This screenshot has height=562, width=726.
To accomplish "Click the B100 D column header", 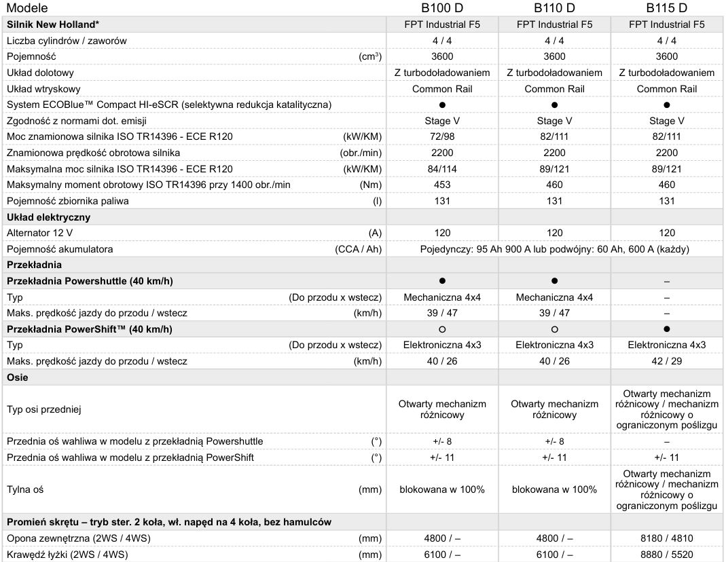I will (442, 8).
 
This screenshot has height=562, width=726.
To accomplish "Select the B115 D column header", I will (666, 8).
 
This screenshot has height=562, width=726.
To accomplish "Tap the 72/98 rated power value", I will (442, 137).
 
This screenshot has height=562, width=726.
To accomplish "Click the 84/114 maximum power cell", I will (442, 169).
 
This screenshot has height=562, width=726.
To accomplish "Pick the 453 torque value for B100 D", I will (442, 185).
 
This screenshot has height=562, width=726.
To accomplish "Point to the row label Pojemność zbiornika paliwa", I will (68, 201).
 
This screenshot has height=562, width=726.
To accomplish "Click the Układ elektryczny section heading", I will (48, 217).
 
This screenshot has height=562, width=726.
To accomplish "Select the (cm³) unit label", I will (370, 57).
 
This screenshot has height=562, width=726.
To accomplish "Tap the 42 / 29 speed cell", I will (666, 361).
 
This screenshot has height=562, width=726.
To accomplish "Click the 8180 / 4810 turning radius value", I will (666, 539).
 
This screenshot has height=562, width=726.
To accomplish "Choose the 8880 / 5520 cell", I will (666, 555).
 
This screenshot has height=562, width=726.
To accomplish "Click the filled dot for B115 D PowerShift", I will (666, 329).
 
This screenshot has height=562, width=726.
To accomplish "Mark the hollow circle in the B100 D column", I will (442, 329).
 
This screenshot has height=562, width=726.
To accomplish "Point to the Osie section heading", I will (18, 377).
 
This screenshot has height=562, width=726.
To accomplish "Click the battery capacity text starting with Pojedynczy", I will (554, 249).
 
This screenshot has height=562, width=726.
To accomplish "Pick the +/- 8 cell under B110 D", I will (554, 441).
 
